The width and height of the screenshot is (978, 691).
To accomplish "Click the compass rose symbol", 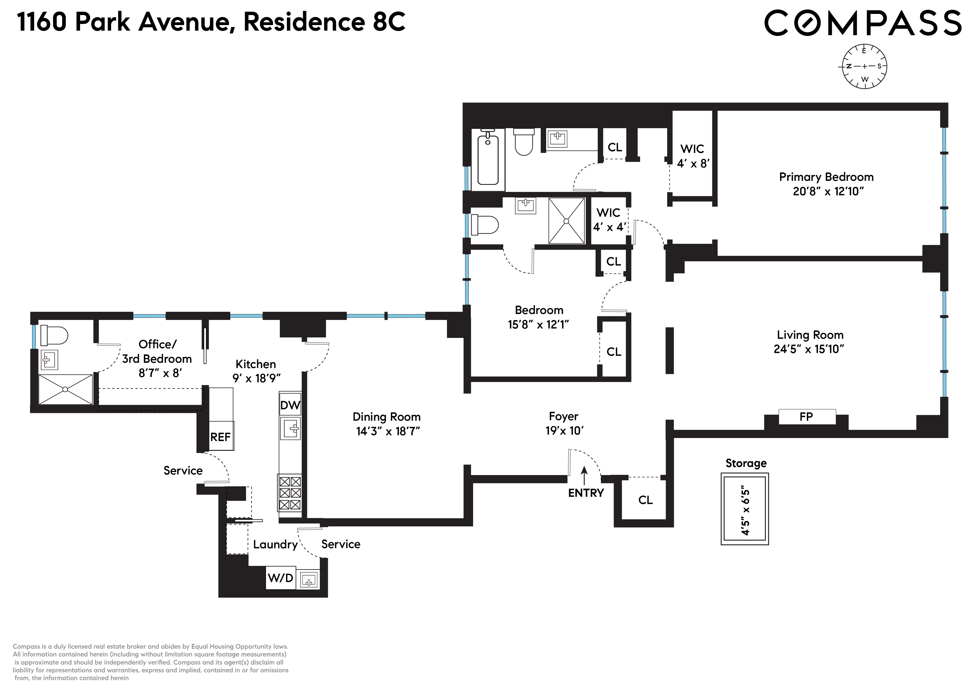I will (x=864, y=66).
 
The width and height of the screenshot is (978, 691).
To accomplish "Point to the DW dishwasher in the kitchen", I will (x=290, y=405).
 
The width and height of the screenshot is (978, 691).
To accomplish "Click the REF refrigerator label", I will (x=220, y=437).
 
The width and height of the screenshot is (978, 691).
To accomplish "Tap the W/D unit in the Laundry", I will (x=280, y=578).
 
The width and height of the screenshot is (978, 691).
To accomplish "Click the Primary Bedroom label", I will (x=826, y=177).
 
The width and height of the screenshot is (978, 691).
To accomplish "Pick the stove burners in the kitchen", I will (x=290, y=493).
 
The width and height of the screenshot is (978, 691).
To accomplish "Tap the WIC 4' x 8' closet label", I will (x=692, y=156).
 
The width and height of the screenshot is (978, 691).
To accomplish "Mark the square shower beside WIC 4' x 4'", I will (x=567, y=221).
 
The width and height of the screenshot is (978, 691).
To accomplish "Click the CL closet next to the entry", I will (x=645, y=500).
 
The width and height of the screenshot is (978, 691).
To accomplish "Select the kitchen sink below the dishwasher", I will (x=290, y=428).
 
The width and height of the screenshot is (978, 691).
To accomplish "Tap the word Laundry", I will (x=275, y=544).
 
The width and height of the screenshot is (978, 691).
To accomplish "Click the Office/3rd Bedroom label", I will (x=157, y=351).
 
